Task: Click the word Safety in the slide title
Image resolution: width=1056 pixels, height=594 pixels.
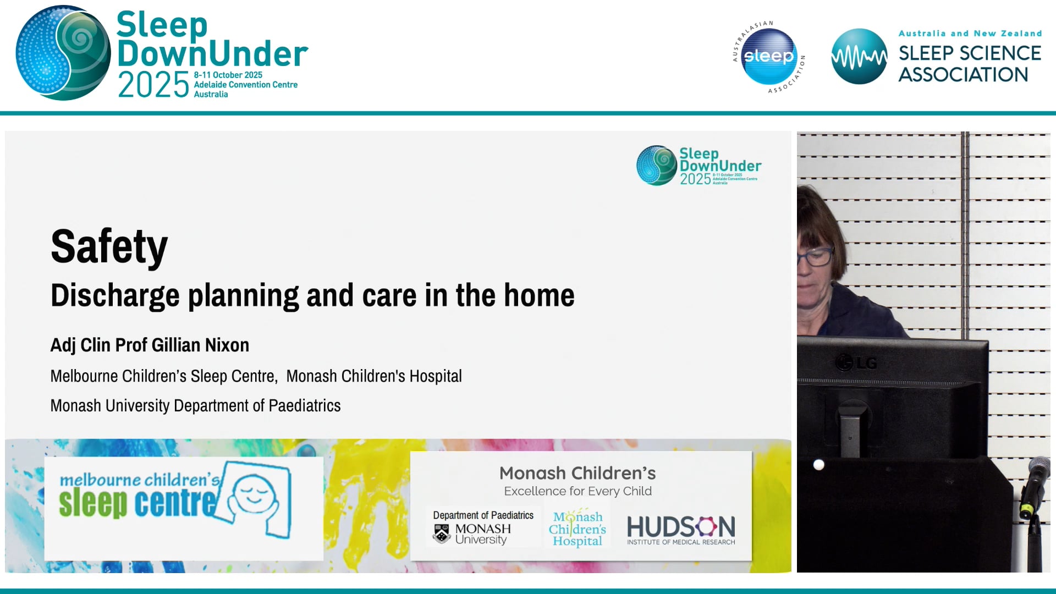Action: point(109,247)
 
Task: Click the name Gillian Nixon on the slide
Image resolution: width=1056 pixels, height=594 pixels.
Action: point(200,345)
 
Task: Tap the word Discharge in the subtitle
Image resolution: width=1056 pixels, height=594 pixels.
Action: point(115,295)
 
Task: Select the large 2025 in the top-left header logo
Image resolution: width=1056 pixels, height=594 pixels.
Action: point(153,85)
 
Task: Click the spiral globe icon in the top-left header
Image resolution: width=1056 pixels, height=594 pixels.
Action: point(63,53)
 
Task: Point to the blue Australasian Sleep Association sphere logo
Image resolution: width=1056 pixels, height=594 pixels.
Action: point(768,56)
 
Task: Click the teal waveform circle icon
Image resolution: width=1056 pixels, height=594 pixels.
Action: point(859,56)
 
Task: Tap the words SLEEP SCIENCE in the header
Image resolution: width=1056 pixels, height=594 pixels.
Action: point(970,53)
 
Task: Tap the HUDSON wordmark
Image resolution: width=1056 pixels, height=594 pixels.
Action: point(680,527)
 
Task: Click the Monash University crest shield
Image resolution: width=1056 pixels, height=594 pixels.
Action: point(442,533)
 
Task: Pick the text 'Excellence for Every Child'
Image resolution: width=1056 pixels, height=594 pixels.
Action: point(577,491)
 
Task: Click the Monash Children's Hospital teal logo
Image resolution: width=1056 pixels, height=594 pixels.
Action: point(577,529)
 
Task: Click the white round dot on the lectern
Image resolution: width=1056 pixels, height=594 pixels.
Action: point(818,465)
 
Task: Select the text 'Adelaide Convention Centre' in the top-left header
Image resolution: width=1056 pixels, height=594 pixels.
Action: point(245,85)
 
